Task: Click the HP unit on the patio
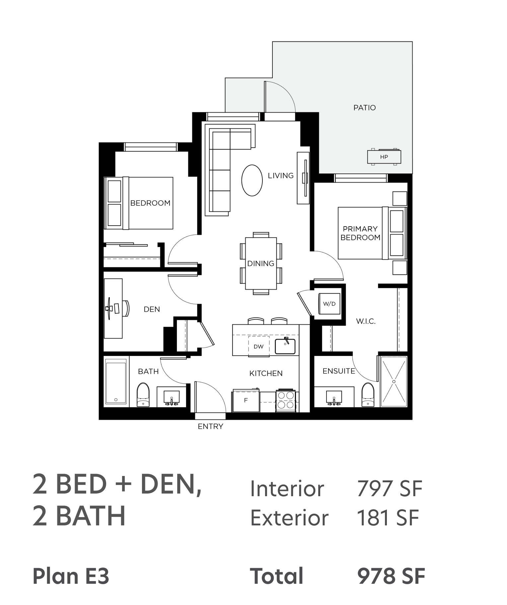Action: point(384,157)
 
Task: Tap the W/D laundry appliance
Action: point(329,303)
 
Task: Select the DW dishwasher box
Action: point(258,346)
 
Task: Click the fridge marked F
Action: point(246,400)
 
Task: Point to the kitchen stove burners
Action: point(286,400)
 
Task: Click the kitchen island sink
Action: point(285,346)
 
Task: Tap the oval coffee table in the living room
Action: point(252,180)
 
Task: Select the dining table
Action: point(261,263)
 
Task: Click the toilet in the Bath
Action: point(143,395)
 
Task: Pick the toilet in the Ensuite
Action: point(368,395)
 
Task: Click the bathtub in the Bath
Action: point(116,382)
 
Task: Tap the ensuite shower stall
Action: point(394,381)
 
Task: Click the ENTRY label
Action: point(210,427)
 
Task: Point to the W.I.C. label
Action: point(366,321)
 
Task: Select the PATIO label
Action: point(364,107)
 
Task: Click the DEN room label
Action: point(152,309)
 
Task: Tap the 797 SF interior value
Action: point(390,489)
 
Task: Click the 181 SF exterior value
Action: point(388,518)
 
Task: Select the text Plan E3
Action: point(71,576)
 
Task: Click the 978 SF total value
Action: point(391,576)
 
